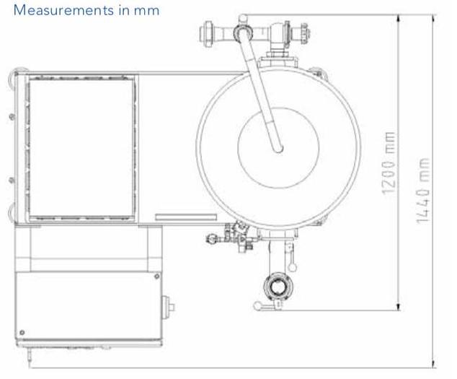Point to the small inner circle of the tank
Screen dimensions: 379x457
(278, 147)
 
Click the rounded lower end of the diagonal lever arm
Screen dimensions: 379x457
(278, 149)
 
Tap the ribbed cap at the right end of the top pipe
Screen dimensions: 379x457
(305, 32)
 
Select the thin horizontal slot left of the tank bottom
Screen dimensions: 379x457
(185, 216)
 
